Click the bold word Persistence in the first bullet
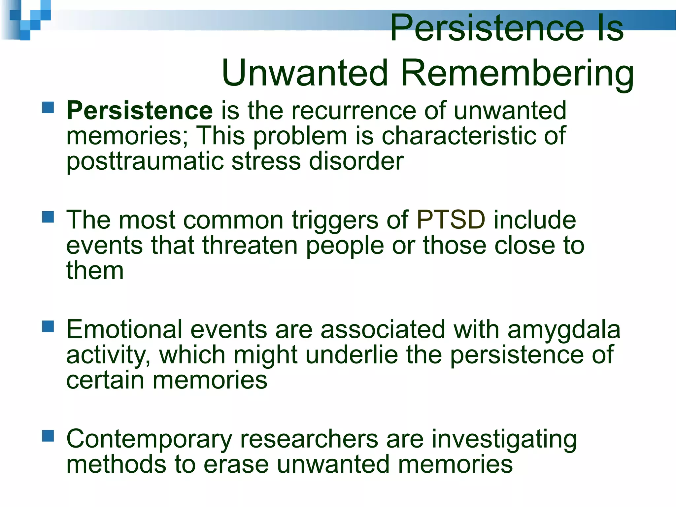140,110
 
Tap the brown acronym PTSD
451,220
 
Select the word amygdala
564,329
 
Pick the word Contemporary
149,440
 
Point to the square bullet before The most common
48,217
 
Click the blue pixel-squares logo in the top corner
30,20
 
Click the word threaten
250,246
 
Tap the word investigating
504,440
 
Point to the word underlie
352,355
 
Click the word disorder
356,162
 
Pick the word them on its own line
95,271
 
